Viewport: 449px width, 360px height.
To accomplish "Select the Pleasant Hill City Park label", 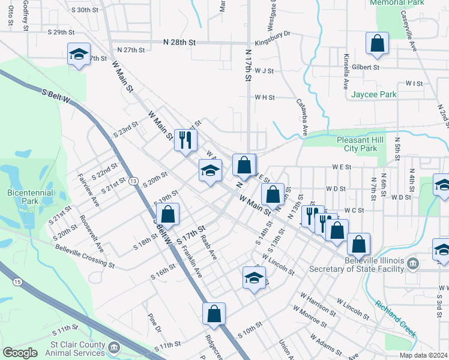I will click(x=360, y=144).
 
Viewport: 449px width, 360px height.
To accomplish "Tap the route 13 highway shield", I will click(x=133, y=181).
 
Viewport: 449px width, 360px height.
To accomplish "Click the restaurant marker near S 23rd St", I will click(x=185, y=140).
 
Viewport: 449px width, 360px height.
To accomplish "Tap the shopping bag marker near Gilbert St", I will click(x=377, y=43).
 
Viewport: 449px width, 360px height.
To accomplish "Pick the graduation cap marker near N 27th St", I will click(x=79, y=55).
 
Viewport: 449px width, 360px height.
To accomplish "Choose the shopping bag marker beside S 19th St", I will click(x=169, y=214).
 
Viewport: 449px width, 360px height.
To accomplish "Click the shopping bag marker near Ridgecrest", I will click(x=214, y=313).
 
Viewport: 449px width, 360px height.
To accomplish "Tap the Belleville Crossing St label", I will click(x=84, y=255).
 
